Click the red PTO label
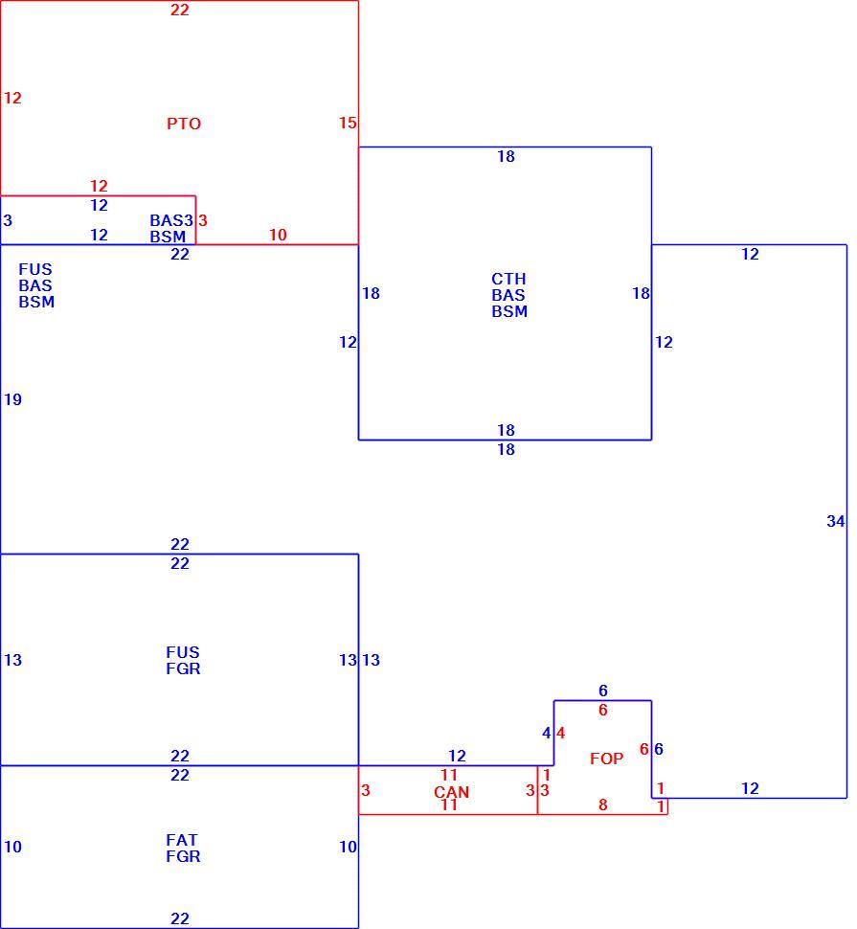tap(184, 124)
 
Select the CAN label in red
tap(451, 791)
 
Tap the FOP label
tap(606, 759)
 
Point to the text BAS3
tap(171, 220)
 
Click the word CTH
tap(508, 279)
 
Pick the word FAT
tap(182, 840)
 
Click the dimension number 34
tap(836, 521)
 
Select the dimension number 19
tap(13, 399)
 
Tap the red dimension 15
tap(348, 123)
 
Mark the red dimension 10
tap(278, 235)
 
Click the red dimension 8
tap(603, 804)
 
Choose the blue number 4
tap(547, 733)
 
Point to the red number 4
tap(560, 733)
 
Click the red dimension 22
tap(179, 10)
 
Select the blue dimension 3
tap(8, 220)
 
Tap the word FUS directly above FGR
tap(183, 651)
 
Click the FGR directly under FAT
tap(183, 856)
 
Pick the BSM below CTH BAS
tap(509, 311)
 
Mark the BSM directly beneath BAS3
tap(168, 237)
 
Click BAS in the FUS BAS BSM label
tap(34, 285)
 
